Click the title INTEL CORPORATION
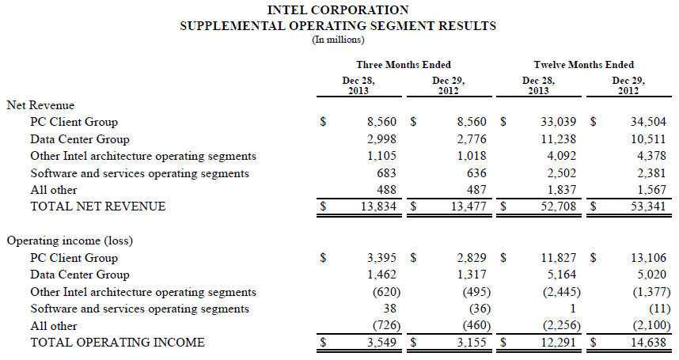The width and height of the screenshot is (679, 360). pos(338,10)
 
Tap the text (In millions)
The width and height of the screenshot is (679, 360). pos(338,40)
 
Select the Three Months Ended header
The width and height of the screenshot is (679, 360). pos(404,65)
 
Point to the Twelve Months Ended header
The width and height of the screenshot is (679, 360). pos(584,65)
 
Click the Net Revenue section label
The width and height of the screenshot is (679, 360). pos(40,105)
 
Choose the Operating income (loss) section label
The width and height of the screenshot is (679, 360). pos(70,241)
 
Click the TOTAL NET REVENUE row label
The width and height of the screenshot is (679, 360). pos(98,207)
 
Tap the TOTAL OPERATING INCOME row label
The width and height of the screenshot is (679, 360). pos(117,343)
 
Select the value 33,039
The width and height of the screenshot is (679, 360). pos(558,122)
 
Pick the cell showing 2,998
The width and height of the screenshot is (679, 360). pos(381,139)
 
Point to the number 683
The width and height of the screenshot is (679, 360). pos(387,173)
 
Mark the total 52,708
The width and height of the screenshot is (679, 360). pos(558,207)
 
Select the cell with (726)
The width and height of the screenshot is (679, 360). pos(387,325)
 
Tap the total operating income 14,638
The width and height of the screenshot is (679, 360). pos(648,343)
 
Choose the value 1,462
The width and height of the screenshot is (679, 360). pos(381,275)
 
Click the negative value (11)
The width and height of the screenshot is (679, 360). pos(660,309)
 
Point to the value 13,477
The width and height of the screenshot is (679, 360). pos(468,207)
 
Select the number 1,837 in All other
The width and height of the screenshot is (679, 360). pos(562,190)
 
